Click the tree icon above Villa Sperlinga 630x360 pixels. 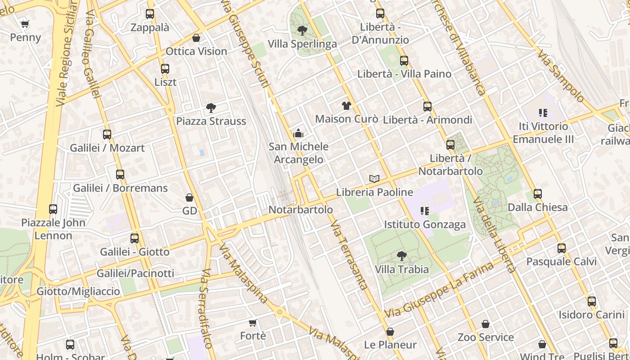pos(302,31)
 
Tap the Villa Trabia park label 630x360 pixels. pos(402,269)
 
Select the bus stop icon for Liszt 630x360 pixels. pos(165,69)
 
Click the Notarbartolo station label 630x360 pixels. pos(301,210)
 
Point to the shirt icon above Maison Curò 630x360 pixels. pos(346,106)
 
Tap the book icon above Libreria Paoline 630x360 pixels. pos(374,179)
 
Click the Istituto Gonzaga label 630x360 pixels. pos(425,224)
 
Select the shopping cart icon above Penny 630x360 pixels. pos(25,24)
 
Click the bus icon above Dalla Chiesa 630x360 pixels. pos(538,194)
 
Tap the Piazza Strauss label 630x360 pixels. pos(211,121)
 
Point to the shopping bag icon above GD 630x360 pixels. pos(189,198)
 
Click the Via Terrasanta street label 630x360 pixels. pos(349,255)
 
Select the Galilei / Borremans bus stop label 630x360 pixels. pos(120,188)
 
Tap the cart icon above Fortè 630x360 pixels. pos(253,323)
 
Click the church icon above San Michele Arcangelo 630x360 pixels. pos(298,133)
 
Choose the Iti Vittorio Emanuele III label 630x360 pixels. pos(543,133)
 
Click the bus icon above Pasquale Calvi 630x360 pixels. pos(562,248)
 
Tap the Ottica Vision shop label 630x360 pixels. pos(196,51)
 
